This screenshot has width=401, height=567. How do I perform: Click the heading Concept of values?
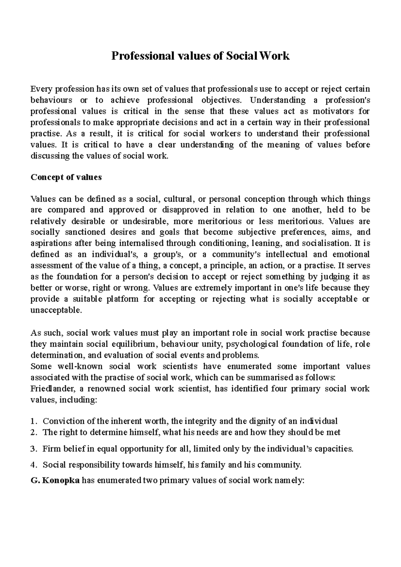coord(66,177)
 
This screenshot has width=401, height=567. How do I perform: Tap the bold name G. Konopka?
coord(55,481)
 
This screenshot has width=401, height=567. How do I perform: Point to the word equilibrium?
coord(134,344)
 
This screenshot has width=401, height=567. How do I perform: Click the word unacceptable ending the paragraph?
coord(55,310)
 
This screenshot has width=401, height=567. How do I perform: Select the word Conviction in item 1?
coord(64,421)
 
